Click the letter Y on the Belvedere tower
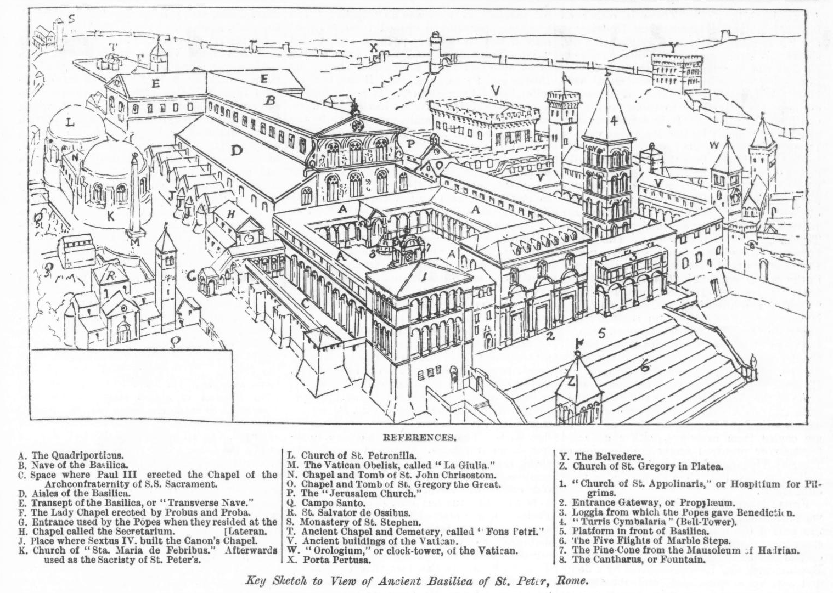(x=673, y=47)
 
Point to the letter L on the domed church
(x=70, y=123)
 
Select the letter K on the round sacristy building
(x=110, y=217)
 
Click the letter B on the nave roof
(x=269, y=101)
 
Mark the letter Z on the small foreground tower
(x=571, y=381)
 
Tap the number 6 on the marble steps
(x=645, y=366)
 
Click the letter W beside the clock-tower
(x=713, y=145)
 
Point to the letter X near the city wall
(x=374, y=48)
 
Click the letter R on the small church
(x=110, y=276)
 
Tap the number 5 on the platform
(x=601, y=332)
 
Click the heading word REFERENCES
(x=419, y=438)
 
